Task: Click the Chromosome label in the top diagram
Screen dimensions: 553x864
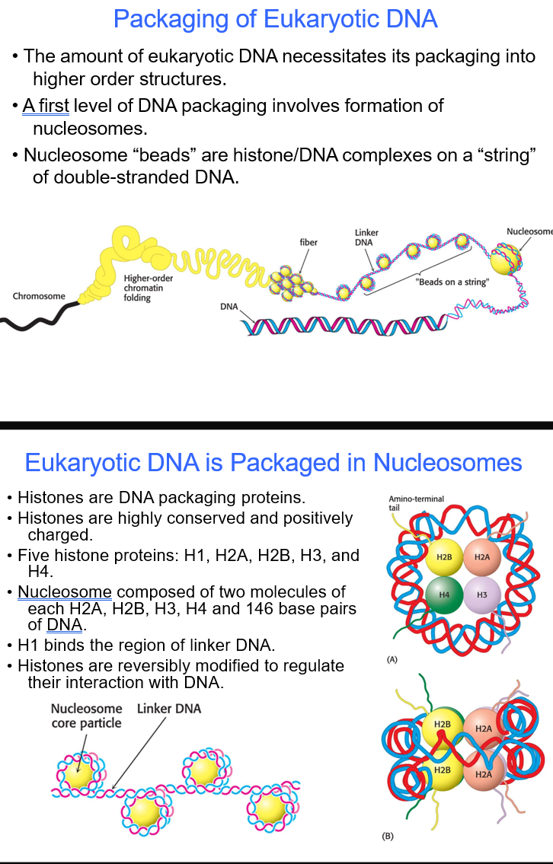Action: tap(39, 296)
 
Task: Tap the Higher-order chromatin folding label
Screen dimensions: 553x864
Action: tap(149, 288)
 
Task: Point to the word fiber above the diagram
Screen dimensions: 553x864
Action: tap(308, 242)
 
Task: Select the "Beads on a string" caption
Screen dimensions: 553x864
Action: tap(452, 282)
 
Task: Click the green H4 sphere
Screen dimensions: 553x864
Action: tap(443, 593)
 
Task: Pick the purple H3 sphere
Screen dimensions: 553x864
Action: tap(481, 593)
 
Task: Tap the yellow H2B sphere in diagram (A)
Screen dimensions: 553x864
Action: tap(443, 557)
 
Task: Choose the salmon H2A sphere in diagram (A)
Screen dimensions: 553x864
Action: tap(481, 557)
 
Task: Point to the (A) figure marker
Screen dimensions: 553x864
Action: tap(392, 659)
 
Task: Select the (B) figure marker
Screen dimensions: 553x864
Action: tap(388, 836)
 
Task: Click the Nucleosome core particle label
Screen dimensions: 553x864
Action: tap(86, 716)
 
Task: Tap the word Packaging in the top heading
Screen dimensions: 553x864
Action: tap(171, 18)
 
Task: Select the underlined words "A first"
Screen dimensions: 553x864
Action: tap(46, 106)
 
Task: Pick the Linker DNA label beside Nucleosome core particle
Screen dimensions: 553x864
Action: tap(169, 709)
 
